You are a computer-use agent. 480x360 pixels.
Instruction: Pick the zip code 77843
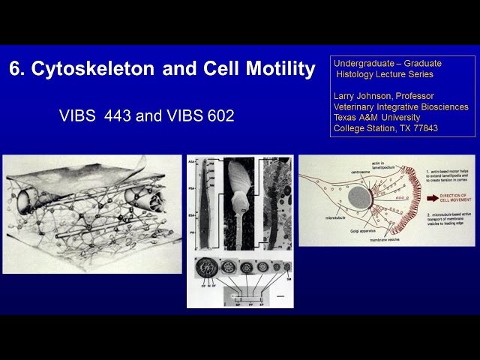pyautogui.click(x=425, y=128)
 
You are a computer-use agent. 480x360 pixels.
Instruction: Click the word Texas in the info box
pyautogui.click(x=346, y=118)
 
